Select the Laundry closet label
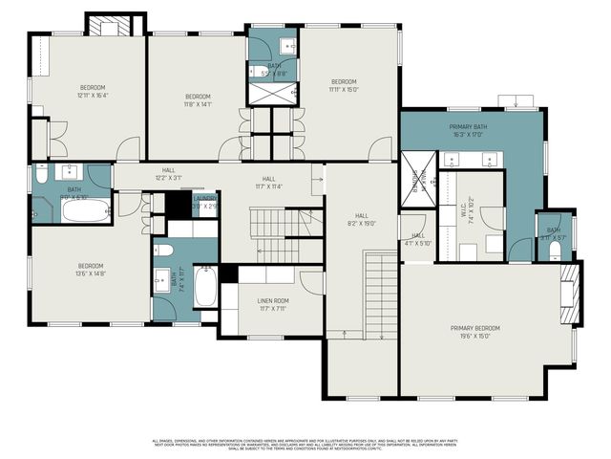coord(205,203)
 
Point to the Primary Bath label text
coord(468,131)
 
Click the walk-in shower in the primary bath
coord(417,179)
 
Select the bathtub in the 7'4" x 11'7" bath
coord(205,287)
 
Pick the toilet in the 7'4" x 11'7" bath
coord(163,251)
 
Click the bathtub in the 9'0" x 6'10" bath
coord(85,209)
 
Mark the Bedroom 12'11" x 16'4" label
coord(93,91)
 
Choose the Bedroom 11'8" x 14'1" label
coord(198,100)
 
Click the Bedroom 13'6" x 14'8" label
coord(92,270)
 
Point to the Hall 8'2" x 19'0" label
coord(362,220)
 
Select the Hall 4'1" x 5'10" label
coord(418,239)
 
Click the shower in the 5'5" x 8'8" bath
coord(273,94)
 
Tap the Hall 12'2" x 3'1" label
coord(168,174)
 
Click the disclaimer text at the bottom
coord(305,444)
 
